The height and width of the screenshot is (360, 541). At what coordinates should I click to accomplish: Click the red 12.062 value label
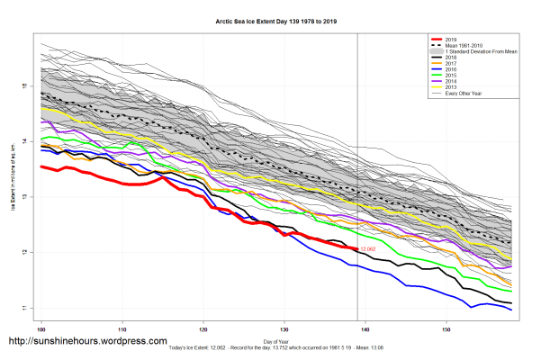[x=366, y=248]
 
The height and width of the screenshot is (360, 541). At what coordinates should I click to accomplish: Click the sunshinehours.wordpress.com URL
[x=87, y=342]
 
